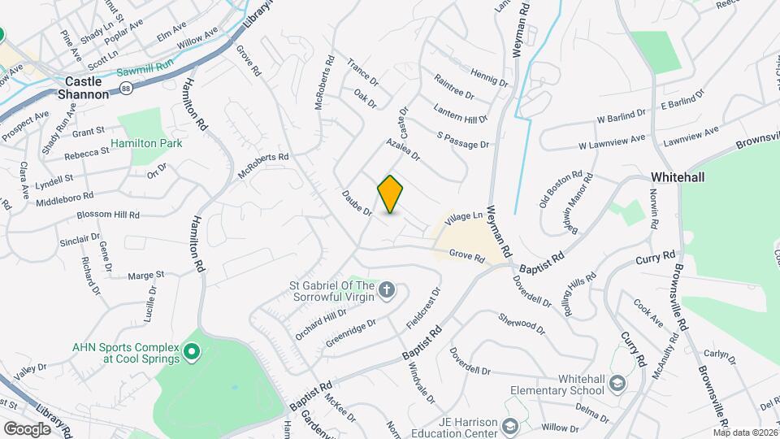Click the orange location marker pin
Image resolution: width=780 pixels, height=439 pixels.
coord(391,194)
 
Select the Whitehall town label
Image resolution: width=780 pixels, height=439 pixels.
coord(678,177)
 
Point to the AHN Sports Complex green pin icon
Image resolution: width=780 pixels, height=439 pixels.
coord(192,352)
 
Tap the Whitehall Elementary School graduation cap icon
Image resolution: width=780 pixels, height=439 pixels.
coord(618,383)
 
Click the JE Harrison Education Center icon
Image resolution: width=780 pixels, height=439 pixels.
coord(509,426)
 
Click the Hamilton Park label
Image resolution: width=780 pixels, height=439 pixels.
coord(146,143)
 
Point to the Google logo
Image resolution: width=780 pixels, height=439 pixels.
coord(27,428)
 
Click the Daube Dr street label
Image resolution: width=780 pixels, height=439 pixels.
coord(356,203)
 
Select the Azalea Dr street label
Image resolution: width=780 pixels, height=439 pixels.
coord(403,149)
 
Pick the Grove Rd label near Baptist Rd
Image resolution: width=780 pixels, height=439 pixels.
coord(466,257)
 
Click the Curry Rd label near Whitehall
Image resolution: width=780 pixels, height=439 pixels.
coord(656,255)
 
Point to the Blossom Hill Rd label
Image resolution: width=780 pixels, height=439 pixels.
coord(108,215)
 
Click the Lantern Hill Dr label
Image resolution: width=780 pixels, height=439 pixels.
coord(461,113)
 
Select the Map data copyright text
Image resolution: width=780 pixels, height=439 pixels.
coord(745,432)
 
